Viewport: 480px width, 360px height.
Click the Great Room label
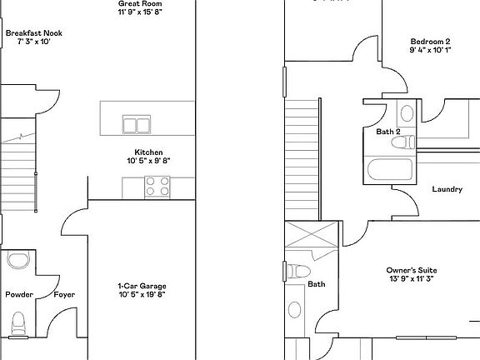pyautogui.click(x=134, y=4)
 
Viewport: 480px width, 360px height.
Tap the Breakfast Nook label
pyautogui.click(x=33, y=33)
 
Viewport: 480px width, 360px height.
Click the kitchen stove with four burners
pyautogui.click(x=156, y=187)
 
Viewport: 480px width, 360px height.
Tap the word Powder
pyautogui.click(x=19, y=295)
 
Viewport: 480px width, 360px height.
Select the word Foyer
pyautogui.click(x=64, y=295)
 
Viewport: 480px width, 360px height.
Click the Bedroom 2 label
pyautogui.click(x=430, y=42)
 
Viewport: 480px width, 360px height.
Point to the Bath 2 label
pyautogui.click(x=388, y=132)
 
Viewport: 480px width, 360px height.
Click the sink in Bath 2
pyautogui.click(x=406, y=113)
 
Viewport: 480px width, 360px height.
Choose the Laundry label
pyautogui.click(x=447, y=189)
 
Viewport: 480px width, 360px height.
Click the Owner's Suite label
pyautogui.click(x=412, y=271)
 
